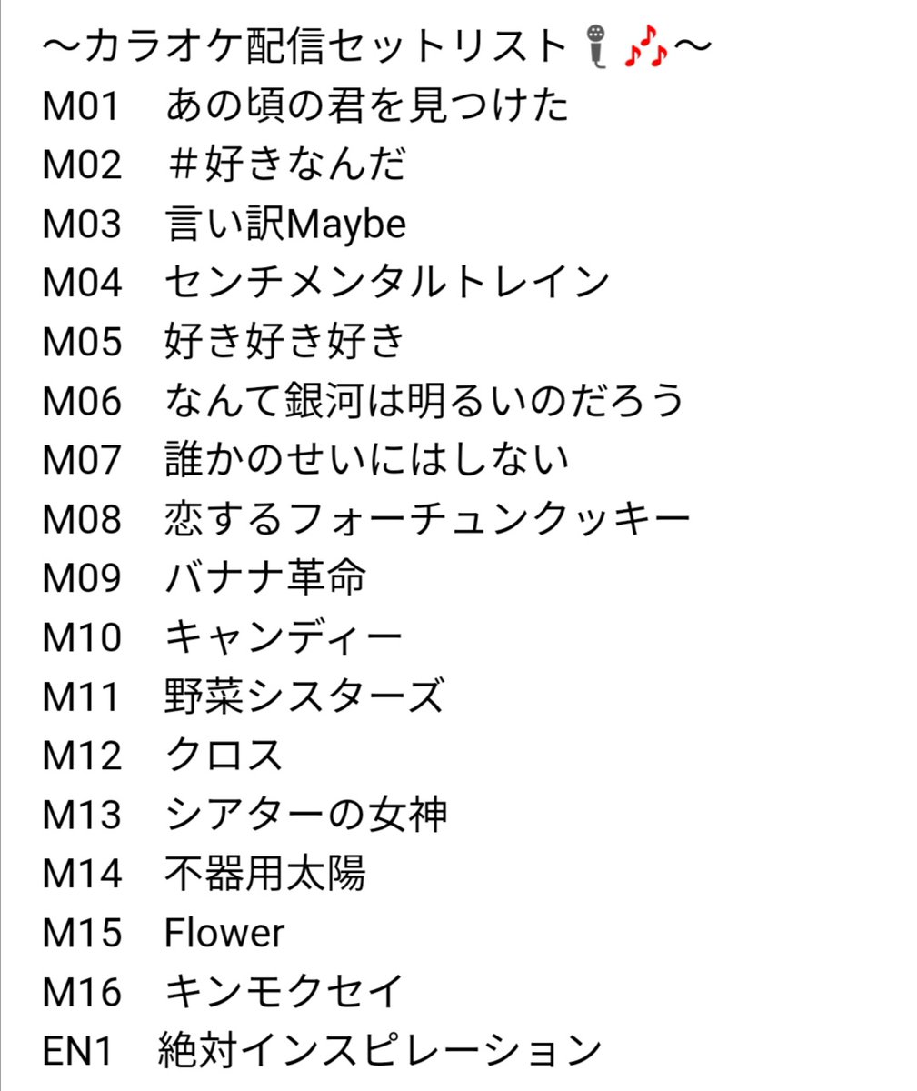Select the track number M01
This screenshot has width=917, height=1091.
pyautogui.click(x=81, y=106)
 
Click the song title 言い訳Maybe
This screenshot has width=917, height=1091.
pyautogui.click(x=285, y=225)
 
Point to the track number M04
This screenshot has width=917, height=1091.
pyautogui.click(x=81, y=283)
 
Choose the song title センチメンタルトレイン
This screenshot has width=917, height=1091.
pyautogui.click(x=386, y=283)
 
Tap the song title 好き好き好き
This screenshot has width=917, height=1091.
pyautogui.click(x=284, y=342)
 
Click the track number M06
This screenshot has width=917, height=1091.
pyautogui.click(x=81, y=401)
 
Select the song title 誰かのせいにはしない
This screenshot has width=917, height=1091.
pyautogui.click(x=366, y=460)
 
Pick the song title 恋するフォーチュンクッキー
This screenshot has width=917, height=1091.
pyautogui.click(x=427, y=519)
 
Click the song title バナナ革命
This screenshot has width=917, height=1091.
pyautogui.click(x=265, y=578)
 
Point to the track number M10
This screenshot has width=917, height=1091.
pyautogui.click(x=81, y=637)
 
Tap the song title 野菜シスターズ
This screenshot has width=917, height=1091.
pyautogui.click(x=304, y=696)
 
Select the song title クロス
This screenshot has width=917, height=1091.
pyautogui.click(x=224, y=756)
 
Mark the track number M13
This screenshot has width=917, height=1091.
pyautogui.click(x=81, y=815)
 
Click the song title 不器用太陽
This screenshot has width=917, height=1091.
pyautogui.click(x=265, y=874)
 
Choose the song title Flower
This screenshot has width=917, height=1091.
pyautogui.click(x=224, y=933)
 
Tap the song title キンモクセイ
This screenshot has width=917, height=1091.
pyautogui.click(x=284, y=992)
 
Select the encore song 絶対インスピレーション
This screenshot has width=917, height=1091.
pyautogui.click(x=380, y=1051)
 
